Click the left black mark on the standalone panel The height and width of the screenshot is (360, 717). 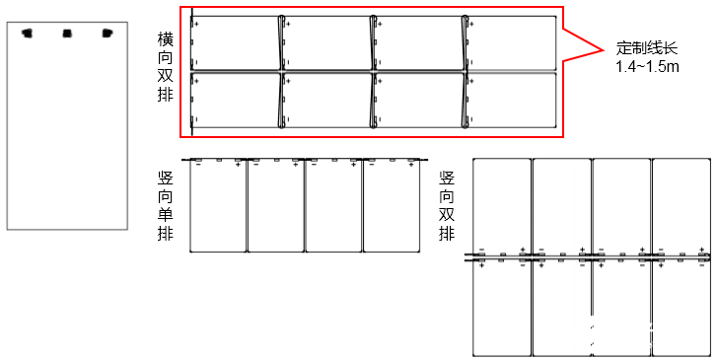pos(28,34)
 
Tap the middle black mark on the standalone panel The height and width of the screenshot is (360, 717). pos(67,34)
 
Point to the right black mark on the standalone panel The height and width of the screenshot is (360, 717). pos(108,34)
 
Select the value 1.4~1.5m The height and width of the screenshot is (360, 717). pos(648,66)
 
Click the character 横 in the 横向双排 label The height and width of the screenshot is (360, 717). pos(166,40)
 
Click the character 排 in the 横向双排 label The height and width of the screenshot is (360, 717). pos(166,97)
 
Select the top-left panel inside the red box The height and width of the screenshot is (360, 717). pos(236,42)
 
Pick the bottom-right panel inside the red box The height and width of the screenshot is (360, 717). pos(512,101)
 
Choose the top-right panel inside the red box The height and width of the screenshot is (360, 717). pos(512,42)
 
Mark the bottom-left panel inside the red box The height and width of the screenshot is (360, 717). pos(236,101)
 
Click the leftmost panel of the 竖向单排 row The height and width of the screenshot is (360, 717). pos(217,207)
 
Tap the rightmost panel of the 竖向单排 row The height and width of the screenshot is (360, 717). pos(392,207)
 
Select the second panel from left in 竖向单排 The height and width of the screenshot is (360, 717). pos(275,207)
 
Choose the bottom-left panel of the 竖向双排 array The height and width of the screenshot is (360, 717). pos(502,310)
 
